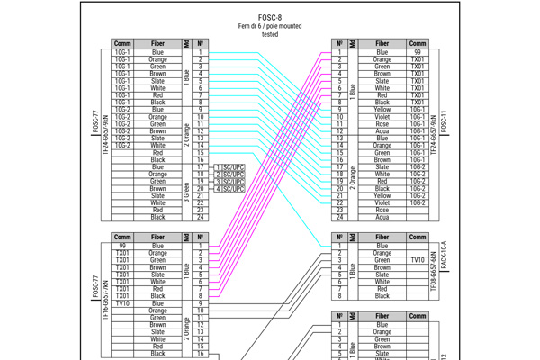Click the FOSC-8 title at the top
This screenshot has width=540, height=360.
coord(270,17)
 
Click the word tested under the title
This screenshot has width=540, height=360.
coord(270,34)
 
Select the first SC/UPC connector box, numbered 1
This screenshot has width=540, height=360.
coord(229,167)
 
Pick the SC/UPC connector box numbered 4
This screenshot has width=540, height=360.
coord(229,189)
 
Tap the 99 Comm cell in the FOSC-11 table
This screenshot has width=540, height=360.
coord(418,53)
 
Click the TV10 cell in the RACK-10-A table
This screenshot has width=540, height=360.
coord(418,260)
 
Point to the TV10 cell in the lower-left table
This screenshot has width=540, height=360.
coord(122,303)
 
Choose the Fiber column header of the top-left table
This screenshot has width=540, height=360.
coord(157,43)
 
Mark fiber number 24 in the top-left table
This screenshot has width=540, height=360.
coord(201,217)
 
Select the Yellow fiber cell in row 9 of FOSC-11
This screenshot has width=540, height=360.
coord(382,110)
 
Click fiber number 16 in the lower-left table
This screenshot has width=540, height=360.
coord(201,354)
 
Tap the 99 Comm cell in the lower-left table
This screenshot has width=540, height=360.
coord(122,246)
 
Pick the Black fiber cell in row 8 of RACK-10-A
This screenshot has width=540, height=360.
coord(382,296)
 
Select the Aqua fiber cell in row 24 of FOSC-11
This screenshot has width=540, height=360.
coord(382,217)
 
